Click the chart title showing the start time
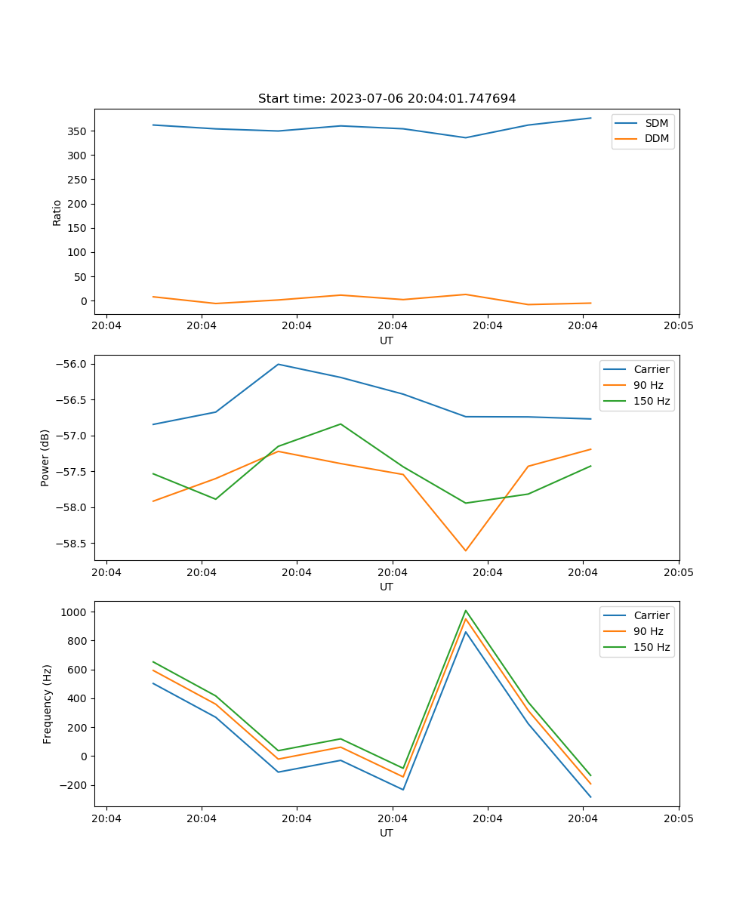coord(387,99)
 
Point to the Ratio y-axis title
coord(57,211)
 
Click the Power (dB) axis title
coord(45,458)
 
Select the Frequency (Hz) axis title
coord(47,704)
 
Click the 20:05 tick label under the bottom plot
coord(678,818)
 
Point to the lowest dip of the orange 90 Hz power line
coord(465,550)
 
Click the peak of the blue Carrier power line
coord(279,365)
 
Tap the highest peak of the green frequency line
coord(465,611)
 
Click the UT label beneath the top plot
coord(387,341)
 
